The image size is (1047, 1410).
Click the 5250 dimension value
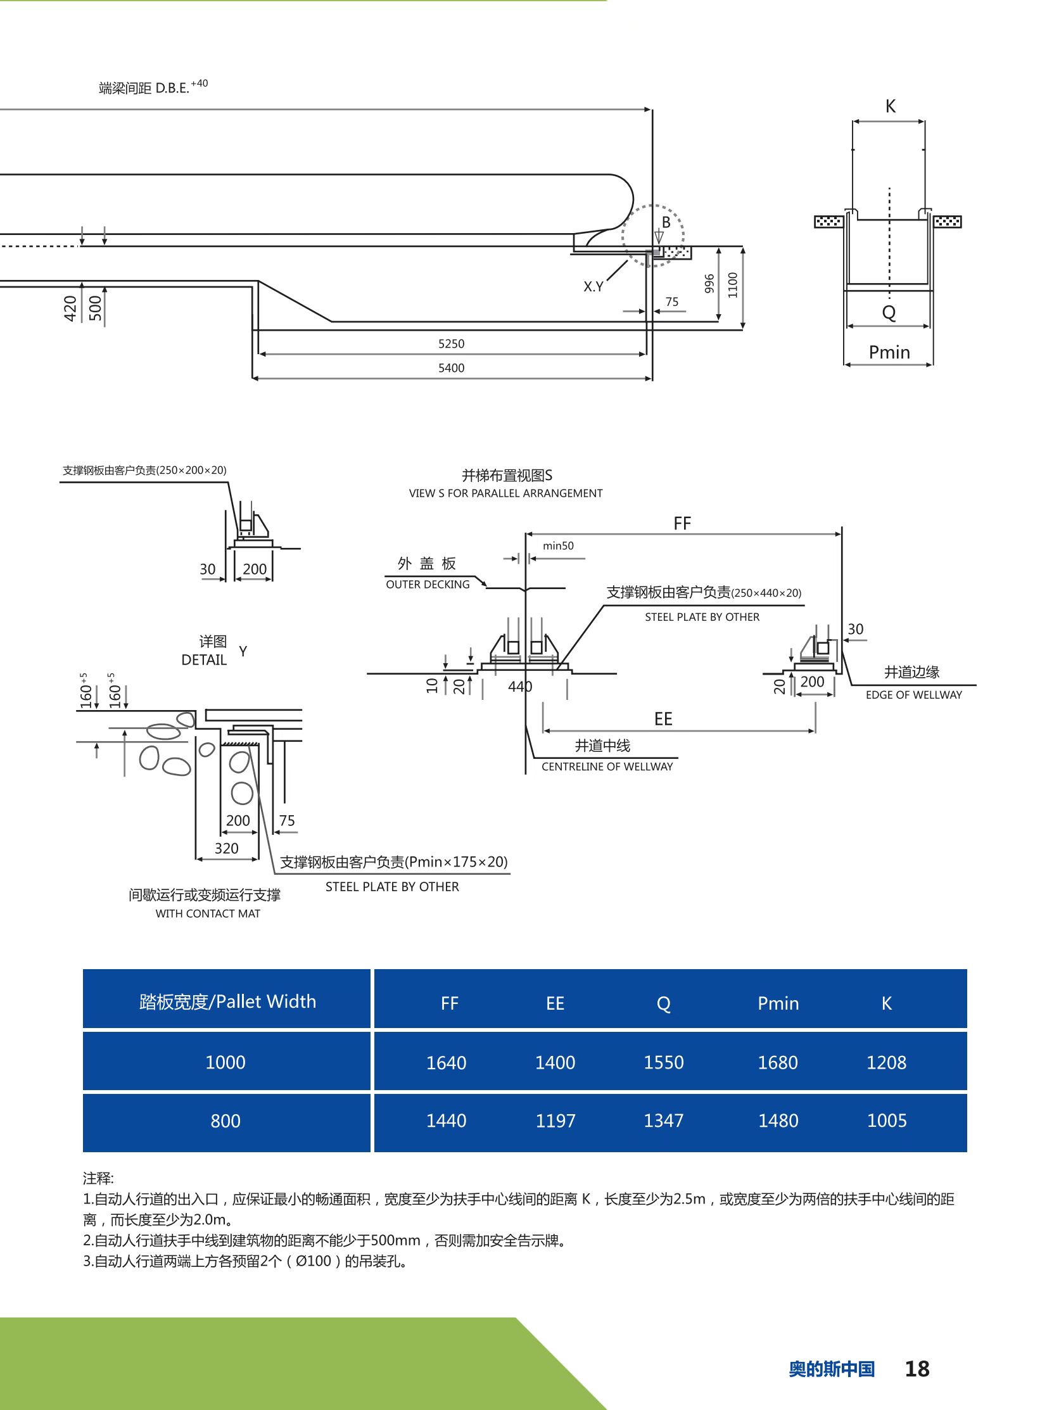coord(451,343)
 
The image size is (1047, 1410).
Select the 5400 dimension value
coord(451,367)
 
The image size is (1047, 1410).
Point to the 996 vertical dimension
coord(709,283)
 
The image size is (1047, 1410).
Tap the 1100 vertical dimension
coord(733,284)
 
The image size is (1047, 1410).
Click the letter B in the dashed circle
coord(666,222)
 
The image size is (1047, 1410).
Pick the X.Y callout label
coord(593,286)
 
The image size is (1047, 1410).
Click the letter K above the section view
coord(891,106)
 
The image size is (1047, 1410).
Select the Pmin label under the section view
coord(889,352)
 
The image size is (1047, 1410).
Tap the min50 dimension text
coord(559,545)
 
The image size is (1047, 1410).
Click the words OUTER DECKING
coord(428,584)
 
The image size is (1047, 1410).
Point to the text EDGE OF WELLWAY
coord(913,694)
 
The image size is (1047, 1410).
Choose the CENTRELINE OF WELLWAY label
coord(607,766)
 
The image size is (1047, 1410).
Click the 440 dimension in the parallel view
coord(520,686)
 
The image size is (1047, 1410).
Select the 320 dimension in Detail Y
coord(226,848)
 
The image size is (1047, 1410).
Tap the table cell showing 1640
coord(446,1063)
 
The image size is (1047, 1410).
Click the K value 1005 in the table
coord(887,1121)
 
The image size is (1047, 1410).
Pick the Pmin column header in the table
coord(778,1003)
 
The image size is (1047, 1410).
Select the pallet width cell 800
coord(225,1121)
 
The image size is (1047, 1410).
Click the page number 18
coord(917,1369)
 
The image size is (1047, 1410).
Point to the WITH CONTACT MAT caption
coord(208,913)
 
